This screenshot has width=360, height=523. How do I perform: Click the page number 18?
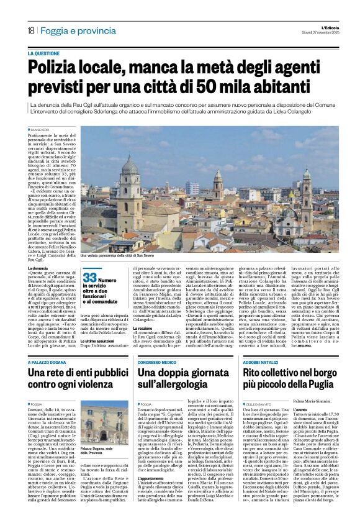[30, 30]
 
